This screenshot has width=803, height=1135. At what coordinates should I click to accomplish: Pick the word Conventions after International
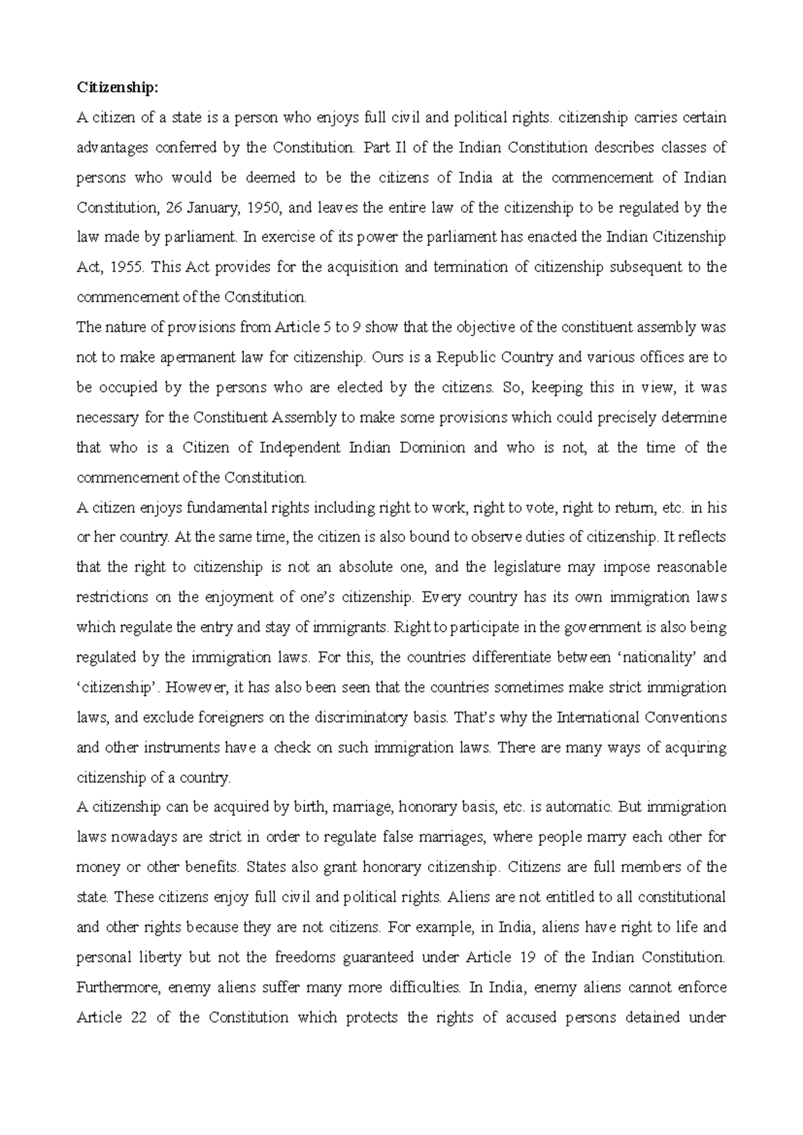click(x=686, y=717)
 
